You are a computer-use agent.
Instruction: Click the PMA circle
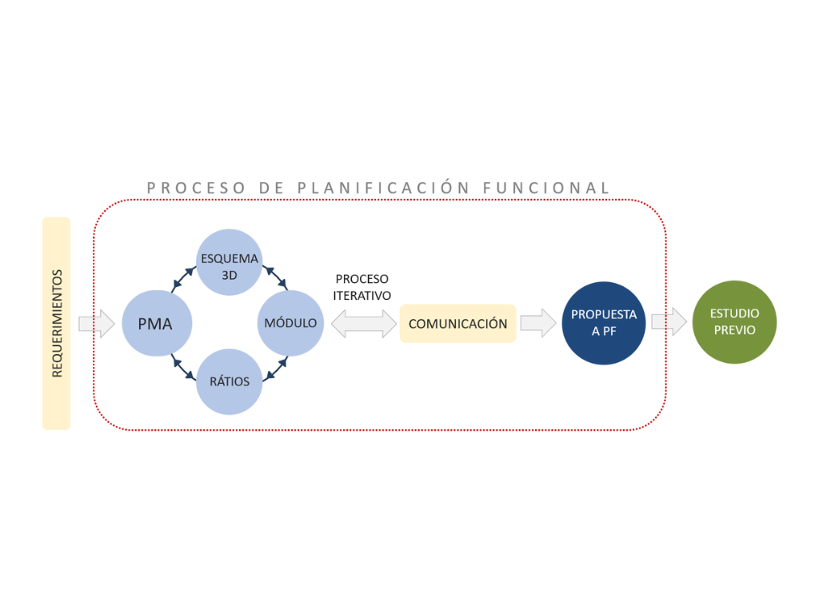tap(157, 324)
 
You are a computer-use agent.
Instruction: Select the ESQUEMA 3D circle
tap(230, 263)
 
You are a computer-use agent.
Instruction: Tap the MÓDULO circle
tap(290, 323)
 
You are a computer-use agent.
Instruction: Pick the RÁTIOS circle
tap(230, 381)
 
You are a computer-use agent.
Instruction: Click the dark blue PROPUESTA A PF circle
tap(603, 323)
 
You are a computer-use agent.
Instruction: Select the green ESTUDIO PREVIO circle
tap(734, 322)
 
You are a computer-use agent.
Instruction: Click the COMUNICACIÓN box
tap(457, 324)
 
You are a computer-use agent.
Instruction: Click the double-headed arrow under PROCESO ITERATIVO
tap(364, 323)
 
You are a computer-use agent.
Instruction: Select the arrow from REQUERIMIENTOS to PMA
tap(97, 324)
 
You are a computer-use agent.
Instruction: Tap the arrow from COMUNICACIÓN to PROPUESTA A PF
tap(538, 323)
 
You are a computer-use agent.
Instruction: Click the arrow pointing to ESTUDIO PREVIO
tap(669, 322)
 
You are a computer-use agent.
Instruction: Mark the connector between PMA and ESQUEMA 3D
tap(182, 279)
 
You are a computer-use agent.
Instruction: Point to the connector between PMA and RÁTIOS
tap(182, 367)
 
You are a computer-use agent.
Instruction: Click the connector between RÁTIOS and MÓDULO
tap(275, 369)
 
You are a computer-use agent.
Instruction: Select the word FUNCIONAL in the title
tap(547, 188)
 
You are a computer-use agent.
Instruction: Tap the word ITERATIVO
tap(362, 295)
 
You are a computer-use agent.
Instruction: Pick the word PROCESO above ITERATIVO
tap(362, 279)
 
